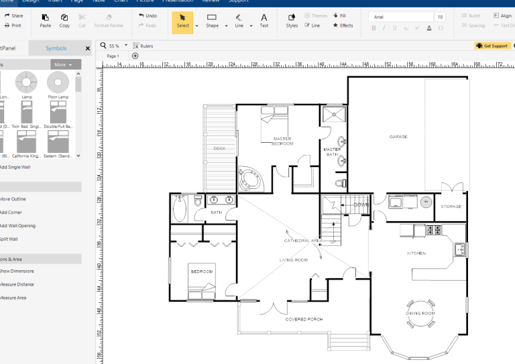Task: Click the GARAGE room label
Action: pos(398,137)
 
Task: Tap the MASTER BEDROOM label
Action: pos(282,141)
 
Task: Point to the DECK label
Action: pos(219,148)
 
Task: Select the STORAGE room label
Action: pos(451,206)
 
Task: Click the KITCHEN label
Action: pos(416,253)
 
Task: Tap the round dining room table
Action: pos(420,312)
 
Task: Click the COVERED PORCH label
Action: pos(304,319)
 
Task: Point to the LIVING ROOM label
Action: pos(293,259)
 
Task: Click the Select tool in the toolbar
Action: pos(182,20)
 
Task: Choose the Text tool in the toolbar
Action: pos(264,20)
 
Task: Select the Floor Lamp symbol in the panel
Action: pos(58,85)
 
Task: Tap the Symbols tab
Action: pos(56,48)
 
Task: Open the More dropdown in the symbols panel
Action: pos(65,65)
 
